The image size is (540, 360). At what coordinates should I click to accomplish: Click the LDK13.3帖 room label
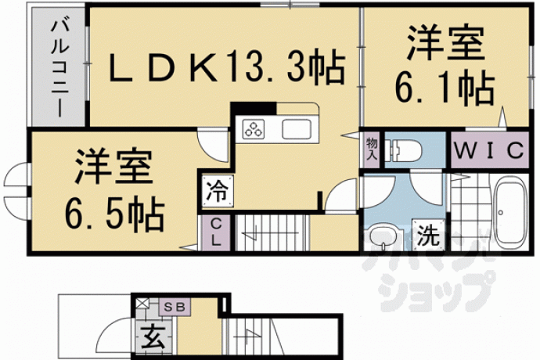pyautogui.click(x=227, y=68)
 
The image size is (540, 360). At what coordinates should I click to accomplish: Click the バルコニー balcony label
pyautogui.click(x=58, y=69)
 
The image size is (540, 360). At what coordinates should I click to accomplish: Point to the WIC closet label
pyautogui.click(x=489, y=150)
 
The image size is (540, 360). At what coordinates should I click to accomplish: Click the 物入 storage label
pyautogui.click(x=372, y=149)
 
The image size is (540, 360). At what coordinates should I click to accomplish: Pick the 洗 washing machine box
pyautogui.click(x=429, y=236)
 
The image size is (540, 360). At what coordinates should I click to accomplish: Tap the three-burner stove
pyautogui.click(x=254, y=129)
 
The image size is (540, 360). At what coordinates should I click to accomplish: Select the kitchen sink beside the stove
pyautogui.click(x=297, y=129)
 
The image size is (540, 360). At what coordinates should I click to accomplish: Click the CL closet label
pyautogui.click(x=215, y=232)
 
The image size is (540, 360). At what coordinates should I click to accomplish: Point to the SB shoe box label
pyautogui.click(x=175, y=307)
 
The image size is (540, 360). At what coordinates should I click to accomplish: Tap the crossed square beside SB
pyautogui.click(x=142, y=303)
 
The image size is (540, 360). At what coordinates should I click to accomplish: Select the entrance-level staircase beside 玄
pyautogui.click(x=253, y=337)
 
